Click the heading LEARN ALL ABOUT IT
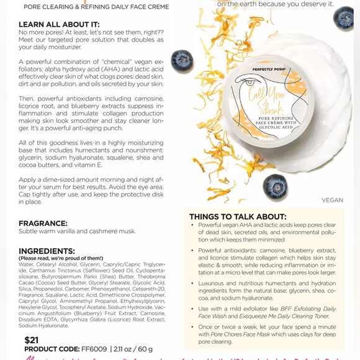click(x=59, y=24)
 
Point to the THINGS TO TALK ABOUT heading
click(x=238, y=216)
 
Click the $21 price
click(x=31, y=340)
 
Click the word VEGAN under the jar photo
click(x=332, y=200)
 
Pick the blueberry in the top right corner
click(x=343, y=18)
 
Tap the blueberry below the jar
click(x=275, y=186)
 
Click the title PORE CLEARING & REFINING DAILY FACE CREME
click(x=96, y=6)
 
